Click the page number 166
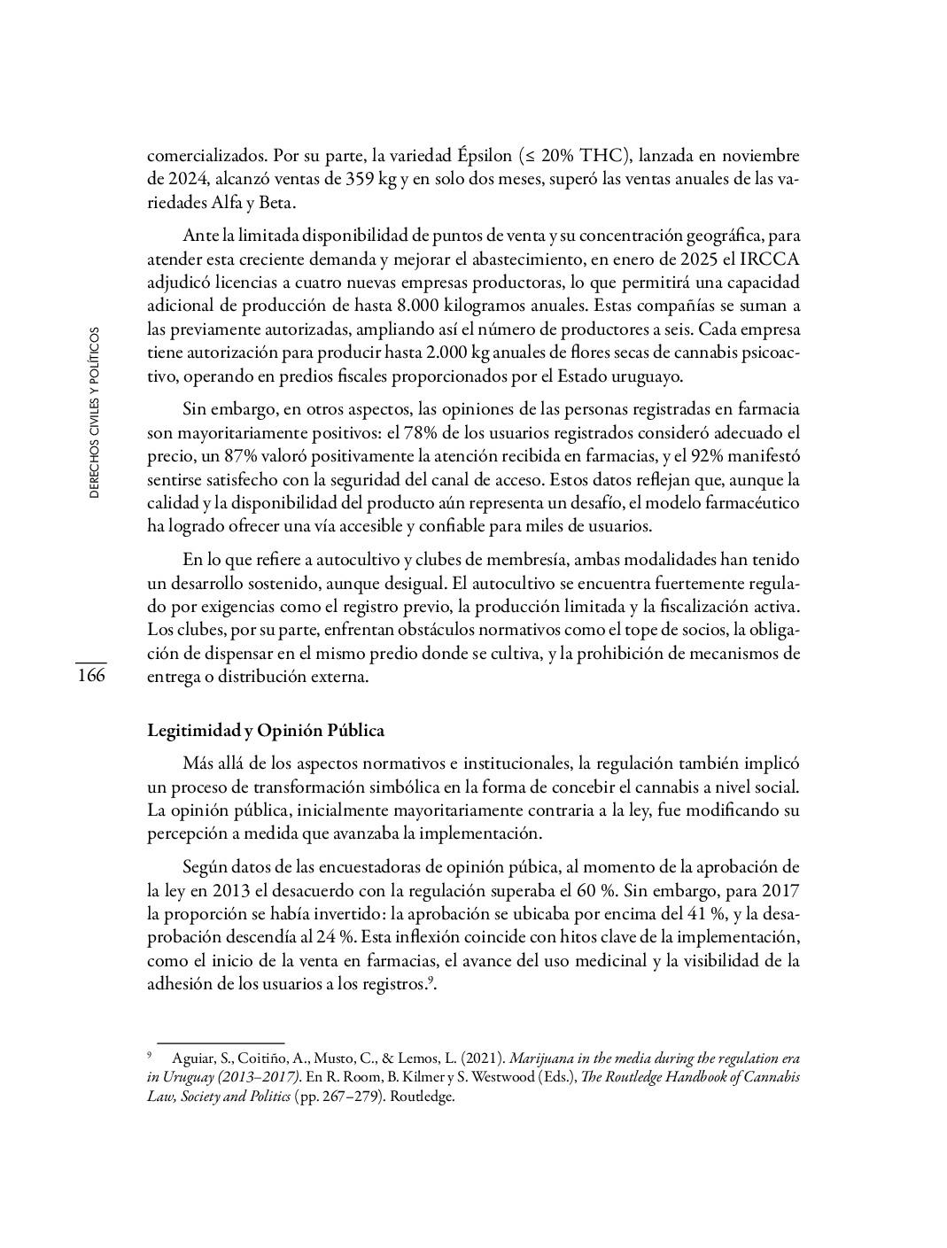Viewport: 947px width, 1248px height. (90, 676)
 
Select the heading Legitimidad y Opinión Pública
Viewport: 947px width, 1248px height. (265, 731)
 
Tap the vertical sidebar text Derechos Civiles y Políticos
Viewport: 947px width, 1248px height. (94, 412)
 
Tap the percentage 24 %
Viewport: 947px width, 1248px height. (323, 935)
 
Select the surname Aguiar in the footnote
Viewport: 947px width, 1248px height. (191, 1058)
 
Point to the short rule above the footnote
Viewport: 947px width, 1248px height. (220, 1043)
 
